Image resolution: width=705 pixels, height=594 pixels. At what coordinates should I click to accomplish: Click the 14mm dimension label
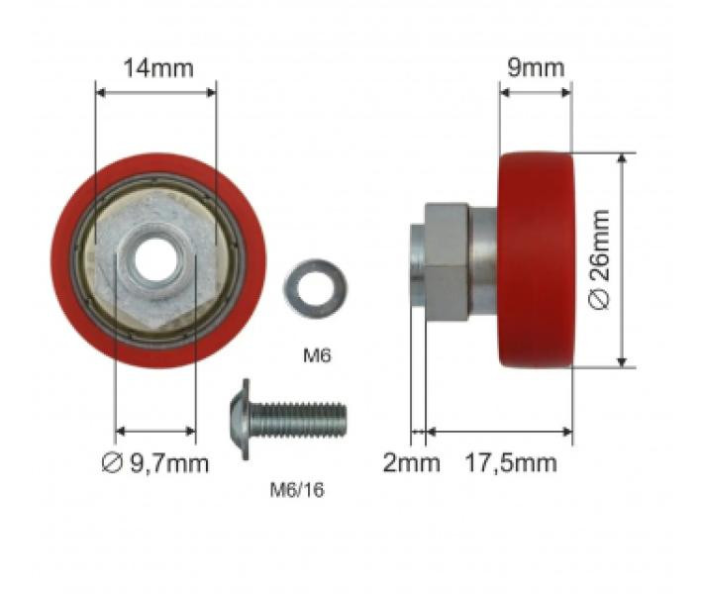(x=158, y=68)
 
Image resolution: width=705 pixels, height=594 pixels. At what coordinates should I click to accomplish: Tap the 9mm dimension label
(x=536, y=68)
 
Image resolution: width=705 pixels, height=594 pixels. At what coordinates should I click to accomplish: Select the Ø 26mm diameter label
(x=600, y=260)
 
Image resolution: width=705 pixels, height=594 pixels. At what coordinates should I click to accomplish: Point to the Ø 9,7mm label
(x=155, y=462)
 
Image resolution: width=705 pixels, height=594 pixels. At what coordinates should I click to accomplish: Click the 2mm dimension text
(x=411, y=462)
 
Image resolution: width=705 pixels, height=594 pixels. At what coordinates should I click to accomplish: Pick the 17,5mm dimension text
(x=510, y=462)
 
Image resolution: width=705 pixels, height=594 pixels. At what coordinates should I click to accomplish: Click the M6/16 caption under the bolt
(x=297, y=490)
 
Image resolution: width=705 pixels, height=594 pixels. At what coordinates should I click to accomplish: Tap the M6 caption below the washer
(x=317, y=355)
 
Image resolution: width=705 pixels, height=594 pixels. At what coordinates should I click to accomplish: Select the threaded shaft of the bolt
(x=298, y=420)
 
